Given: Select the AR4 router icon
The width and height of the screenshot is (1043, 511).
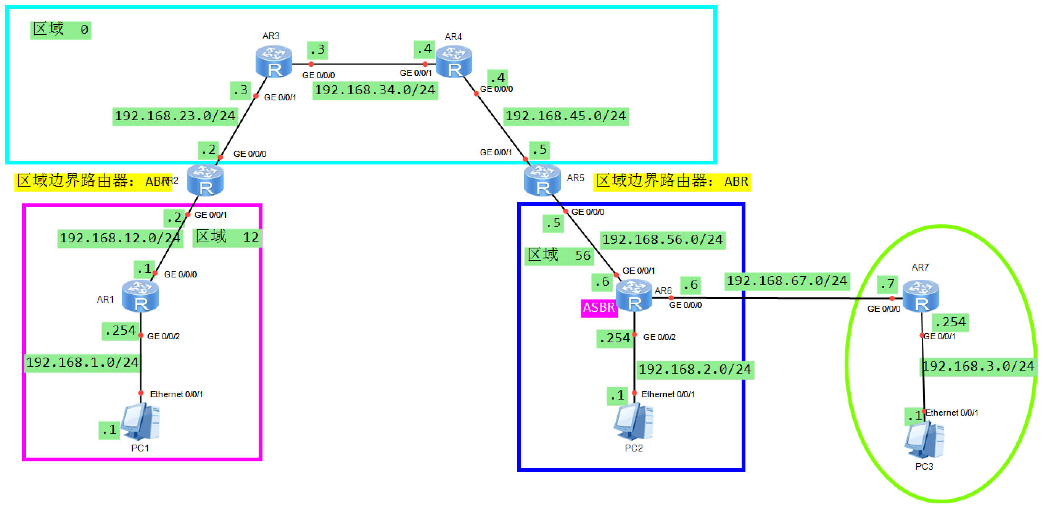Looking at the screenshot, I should [454, 62].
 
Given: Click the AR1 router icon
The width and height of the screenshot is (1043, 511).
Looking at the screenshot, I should [140, 297].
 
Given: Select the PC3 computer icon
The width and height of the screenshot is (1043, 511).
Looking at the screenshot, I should [924, 440].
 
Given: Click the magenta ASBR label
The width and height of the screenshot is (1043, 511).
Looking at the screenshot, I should [599, 308].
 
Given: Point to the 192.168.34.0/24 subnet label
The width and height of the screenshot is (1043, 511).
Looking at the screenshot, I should [375, 90].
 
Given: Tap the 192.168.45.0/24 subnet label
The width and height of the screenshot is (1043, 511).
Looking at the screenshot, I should [565, 116].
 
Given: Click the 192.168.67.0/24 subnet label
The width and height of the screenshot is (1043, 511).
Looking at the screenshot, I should [786, 280].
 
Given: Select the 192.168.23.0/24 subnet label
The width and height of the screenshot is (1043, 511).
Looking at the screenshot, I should [175, 116].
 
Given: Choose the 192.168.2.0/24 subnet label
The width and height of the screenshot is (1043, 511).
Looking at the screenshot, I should [695, 370].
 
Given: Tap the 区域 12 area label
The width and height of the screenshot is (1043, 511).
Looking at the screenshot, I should [227, 237].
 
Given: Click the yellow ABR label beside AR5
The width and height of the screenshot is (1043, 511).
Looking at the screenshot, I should [672, 181].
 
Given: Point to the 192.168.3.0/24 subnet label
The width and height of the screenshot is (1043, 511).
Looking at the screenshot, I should [978, 367].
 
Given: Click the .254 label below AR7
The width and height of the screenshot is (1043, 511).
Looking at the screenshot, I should [950, 322].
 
